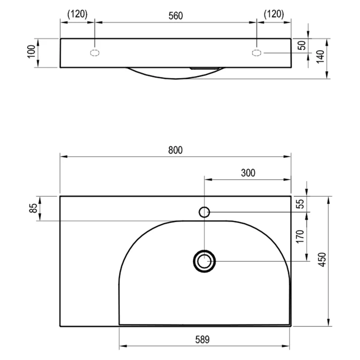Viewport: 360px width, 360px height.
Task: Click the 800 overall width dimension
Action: point(176,150)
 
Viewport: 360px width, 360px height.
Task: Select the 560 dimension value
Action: point(176,16)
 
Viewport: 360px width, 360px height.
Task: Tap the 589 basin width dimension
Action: point(202,340)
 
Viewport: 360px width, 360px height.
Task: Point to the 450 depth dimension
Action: point(323,259)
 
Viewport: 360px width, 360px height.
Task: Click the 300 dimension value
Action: point(248,173)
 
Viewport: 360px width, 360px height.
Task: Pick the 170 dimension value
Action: point(300,236)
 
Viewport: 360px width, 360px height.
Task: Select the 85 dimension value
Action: point(34,208)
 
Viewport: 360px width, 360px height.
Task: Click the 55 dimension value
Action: point(300,204)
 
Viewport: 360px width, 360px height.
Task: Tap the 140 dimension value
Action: point(320,57)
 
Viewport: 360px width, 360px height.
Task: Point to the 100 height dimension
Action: point(32,52)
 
